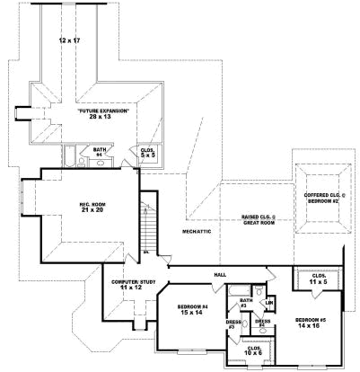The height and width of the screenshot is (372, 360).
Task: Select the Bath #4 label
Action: (x=100, y=152)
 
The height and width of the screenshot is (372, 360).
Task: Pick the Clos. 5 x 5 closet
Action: (x=147, y=154)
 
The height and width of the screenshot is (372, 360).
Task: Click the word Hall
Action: (x=220, y=274)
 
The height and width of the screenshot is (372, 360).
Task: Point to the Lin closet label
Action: (x=268, y=302)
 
